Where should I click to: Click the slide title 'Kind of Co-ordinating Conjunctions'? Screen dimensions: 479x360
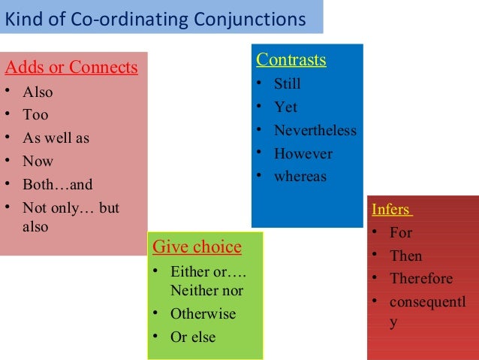tap(155, 19)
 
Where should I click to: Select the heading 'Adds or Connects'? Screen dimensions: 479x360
tap(71, 68)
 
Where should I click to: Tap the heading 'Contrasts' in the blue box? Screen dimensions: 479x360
tap(291, 60)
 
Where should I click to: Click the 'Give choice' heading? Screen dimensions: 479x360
tap(197, 247)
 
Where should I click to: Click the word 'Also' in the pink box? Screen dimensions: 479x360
tap(38, 92)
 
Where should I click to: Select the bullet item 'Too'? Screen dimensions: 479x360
tap(35, 115)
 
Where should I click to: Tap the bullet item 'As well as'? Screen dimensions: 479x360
tap(56, 138)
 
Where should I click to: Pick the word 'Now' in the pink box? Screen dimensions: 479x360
tap(38, 161)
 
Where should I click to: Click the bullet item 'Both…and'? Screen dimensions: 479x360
tap(58, 184)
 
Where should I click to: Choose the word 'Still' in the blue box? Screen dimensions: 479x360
tap(288, 84)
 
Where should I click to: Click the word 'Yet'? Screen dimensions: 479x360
tap(285, 107)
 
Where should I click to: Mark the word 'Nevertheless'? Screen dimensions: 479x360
tap(315, 131)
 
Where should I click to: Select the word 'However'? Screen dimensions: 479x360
tap(303, 154)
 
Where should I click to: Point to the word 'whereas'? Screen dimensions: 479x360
tap(300, 177)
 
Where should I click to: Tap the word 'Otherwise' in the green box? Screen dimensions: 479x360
tap(203, 314)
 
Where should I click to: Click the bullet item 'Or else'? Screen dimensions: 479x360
tap(193, 337)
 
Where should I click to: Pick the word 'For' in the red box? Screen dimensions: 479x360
tap(401, 233)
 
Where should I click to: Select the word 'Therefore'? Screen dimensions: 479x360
tap(421, 279)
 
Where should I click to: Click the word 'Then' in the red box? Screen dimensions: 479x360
tap(406, 256)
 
